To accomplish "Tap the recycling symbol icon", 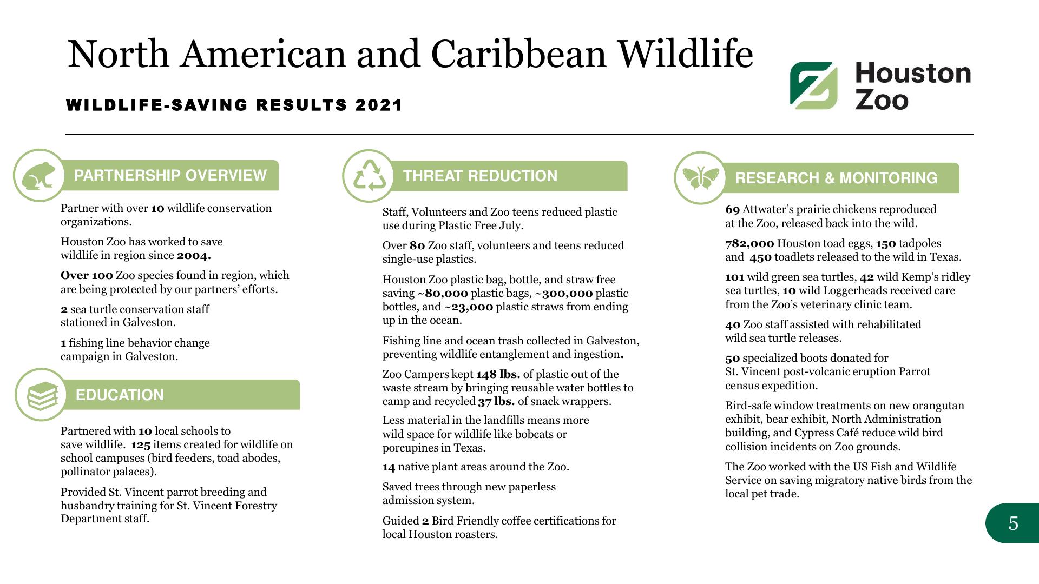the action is [369, 176].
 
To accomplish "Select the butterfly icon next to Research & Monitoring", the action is [701, 178].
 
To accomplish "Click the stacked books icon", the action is [41, 395].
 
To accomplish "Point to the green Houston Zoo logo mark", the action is [813, 85].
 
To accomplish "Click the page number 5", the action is [1013, 523].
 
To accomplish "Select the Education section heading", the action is [120, 395].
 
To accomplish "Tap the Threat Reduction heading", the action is [480, 176].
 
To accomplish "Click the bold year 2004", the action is [194, 255].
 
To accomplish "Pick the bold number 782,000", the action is [749, 243].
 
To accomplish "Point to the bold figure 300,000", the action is [567, 293].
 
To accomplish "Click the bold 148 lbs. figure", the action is [498, 374].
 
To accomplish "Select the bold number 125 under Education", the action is [141, 444].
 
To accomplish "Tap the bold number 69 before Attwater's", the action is [732, 209].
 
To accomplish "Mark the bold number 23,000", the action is [472, 307].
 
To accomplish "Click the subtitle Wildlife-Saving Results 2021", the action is [234, 105].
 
